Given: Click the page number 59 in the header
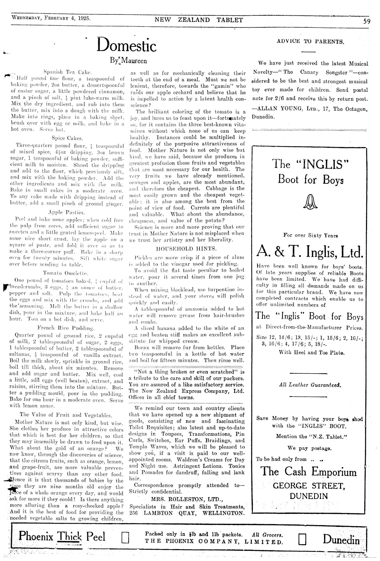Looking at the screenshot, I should click(x=367, y=20).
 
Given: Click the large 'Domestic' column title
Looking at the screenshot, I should click(x=127, y=45).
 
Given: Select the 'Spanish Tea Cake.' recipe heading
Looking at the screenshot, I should click(x=67, y=72).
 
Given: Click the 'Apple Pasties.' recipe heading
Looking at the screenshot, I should click(x=67, y=212).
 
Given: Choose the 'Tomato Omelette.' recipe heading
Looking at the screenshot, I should click(x=66, y=273).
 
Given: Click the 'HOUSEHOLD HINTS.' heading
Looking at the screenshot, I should click(x=186, y=248).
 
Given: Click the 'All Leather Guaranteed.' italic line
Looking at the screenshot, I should click(x=310, y=385).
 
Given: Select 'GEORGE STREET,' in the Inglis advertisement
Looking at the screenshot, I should click(x=310, y=486).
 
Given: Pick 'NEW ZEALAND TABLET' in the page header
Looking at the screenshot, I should click(x=199, y=20).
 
